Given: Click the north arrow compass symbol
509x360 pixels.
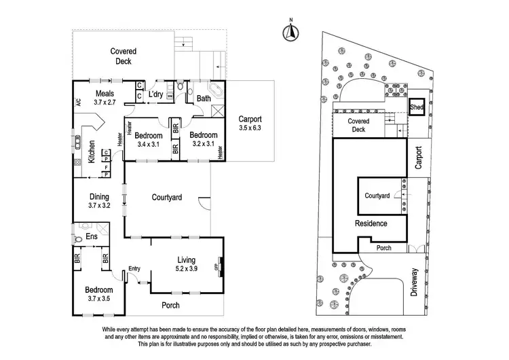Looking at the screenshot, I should click(290, 30).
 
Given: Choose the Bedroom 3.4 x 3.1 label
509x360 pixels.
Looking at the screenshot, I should click(149, 139).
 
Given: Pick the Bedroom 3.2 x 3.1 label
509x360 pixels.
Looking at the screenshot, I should click(203, 139).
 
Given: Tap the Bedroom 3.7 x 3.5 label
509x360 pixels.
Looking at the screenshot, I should click(94, 294).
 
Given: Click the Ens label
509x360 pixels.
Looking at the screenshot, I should click(91, 237).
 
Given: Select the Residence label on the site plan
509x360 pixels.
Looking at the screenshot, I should click(371, 223).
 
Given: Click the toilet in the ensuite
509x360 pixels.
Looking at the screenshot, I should click(76, 238).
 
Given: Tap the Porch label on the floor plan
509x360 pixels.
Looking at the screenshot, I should click(171, 305).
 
